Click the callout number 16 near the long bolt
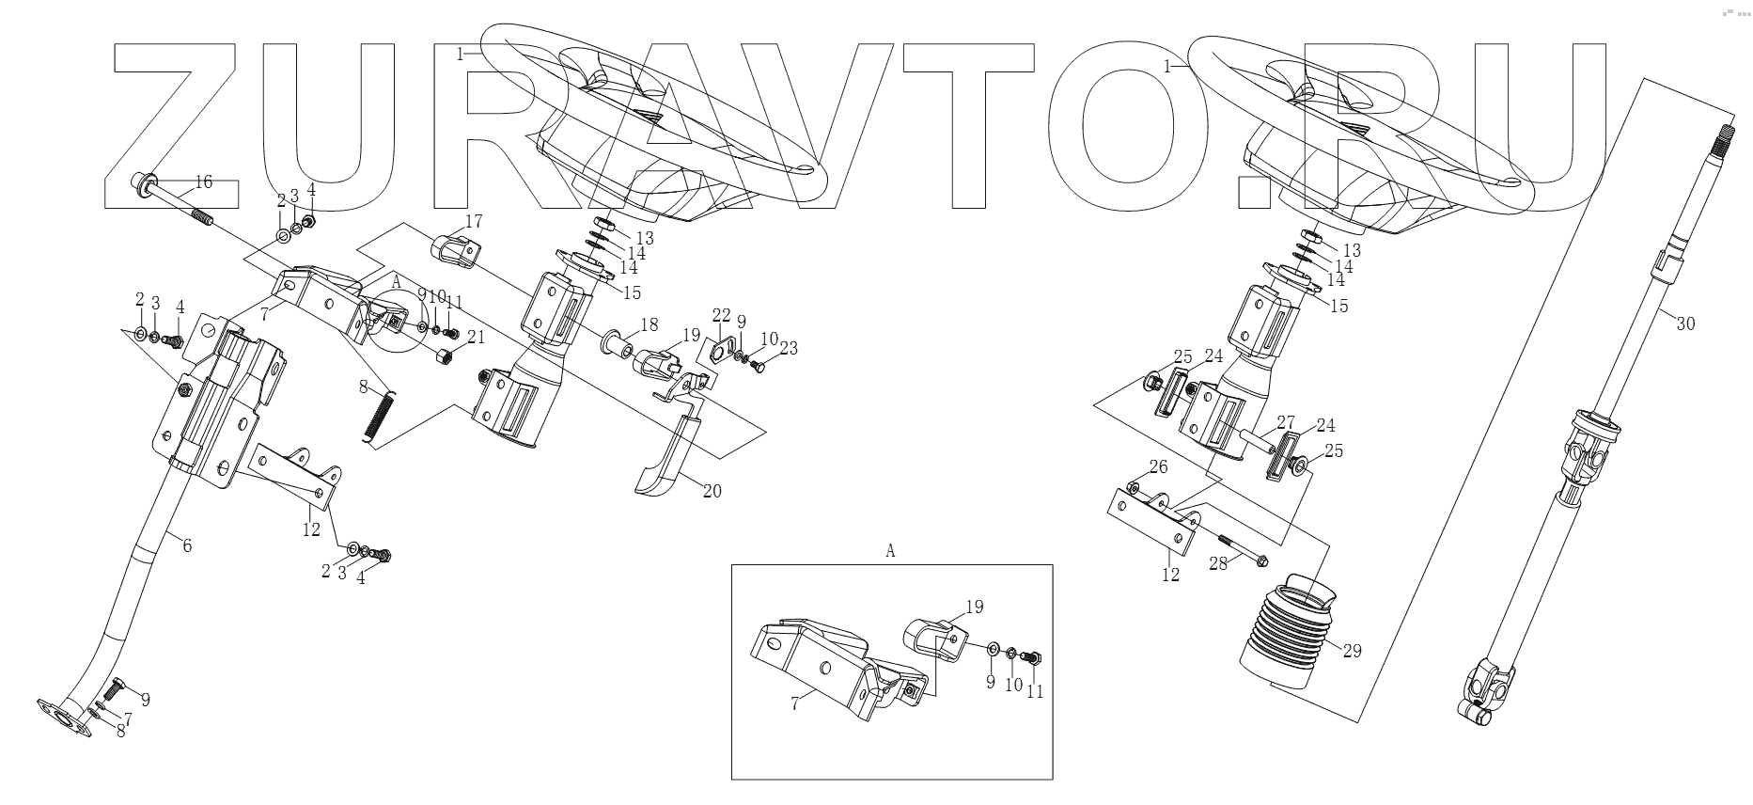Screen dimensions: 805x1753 tap(203, 182)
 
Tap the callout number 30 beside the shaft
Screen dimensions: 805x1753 tap(1685, 324)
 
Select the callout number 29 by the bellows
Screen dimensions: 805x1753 tap(1351, 651)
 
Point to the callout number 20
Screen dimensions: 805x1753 tap(712, 492)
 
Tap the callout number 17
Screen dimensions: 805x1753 tap(473, 222)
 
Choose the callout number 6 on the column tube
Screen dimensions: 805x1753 tap(187, 545)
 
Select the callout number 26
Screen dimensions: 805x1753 tap(1159, 467)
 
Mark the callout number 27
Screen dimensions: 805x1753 tap(1285, 423)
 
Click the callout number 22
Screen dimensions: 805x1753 tap(720, 314)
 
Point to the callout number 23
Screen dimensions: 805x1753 tap(788, 349)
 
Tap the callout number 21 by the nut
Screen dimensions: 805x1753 tap(477, 338)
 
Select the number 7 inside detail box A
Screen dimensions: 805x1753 tap(795, 703)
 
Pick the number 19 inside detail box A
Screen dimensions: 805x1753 tap(974, 607)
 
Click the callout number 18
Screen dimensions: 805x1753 tap(649, 324)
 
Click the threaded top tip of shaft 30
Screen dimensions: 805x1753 tap(1726, 134)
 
